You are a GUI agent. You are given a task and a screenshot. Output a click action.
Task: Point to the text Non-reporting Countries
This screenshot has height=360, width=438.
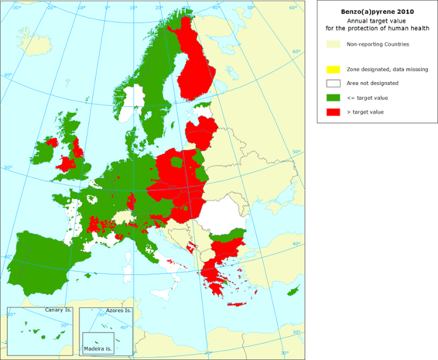pos(378,44)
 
